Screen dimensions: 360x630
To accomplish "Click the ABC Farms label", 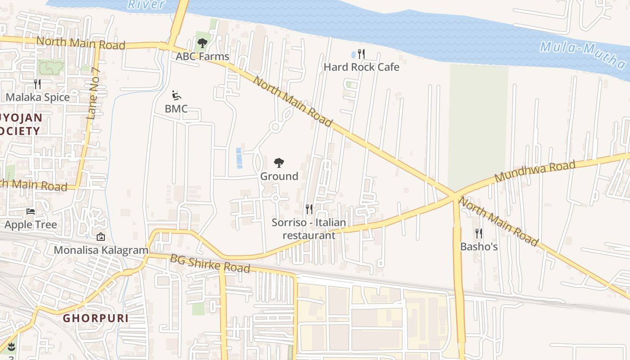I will click(x=202, y=57).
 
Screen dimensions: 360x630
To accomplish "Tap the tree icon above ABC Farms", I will click(x=202, y=44).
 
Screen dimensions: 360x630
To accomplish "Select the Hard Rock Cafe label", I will click(x=361, y=67).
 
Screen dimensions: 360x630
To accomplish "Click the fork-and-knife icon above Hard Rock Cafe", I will click(x=361, y=54).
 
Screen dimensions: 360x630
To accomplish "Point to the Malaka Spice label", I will click(x=38, y=97).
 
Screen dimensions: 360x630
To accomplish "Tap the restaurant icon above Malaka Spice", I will click(x=37, y=84).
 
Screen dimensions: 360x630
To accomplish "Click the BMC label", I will click(x=176, y=108).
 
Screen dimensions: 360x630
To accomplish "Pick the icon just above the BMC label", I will click(x=176, y=95).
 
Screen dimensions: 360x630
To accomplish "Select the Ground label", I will click(x=279, y=176).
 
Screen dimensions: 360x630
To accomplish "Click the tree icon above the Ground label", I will click(x=279, y=163).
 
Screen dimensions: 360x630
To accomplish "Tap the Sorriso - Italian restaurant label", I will click(x=309, y=229).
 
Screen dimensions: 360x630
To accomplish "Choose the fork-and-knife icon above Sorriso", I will click(x=309, y=209).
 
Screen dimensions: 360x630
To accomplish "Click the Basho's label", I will click(x=479, y=247).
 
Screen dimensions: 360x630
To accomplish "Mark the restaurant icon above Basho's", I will click(x=479, y=234).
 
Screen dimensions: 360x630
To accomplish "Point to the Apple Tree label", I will click(x=31, y=225).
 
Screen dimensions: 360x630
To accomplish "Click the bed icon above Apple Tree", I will click(x=31, y=211).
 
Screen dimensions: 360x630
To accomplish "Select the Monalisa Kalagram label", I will click(x=101, y=250).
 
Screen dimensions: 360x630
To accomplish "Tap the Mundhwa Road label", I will click(x=535, y=171).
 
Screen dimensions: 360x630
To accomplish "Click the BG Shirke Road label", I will click(x=210, y=263).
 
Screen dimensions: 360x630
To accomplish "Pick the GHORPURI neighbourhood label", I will click(x=95, y=318).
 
